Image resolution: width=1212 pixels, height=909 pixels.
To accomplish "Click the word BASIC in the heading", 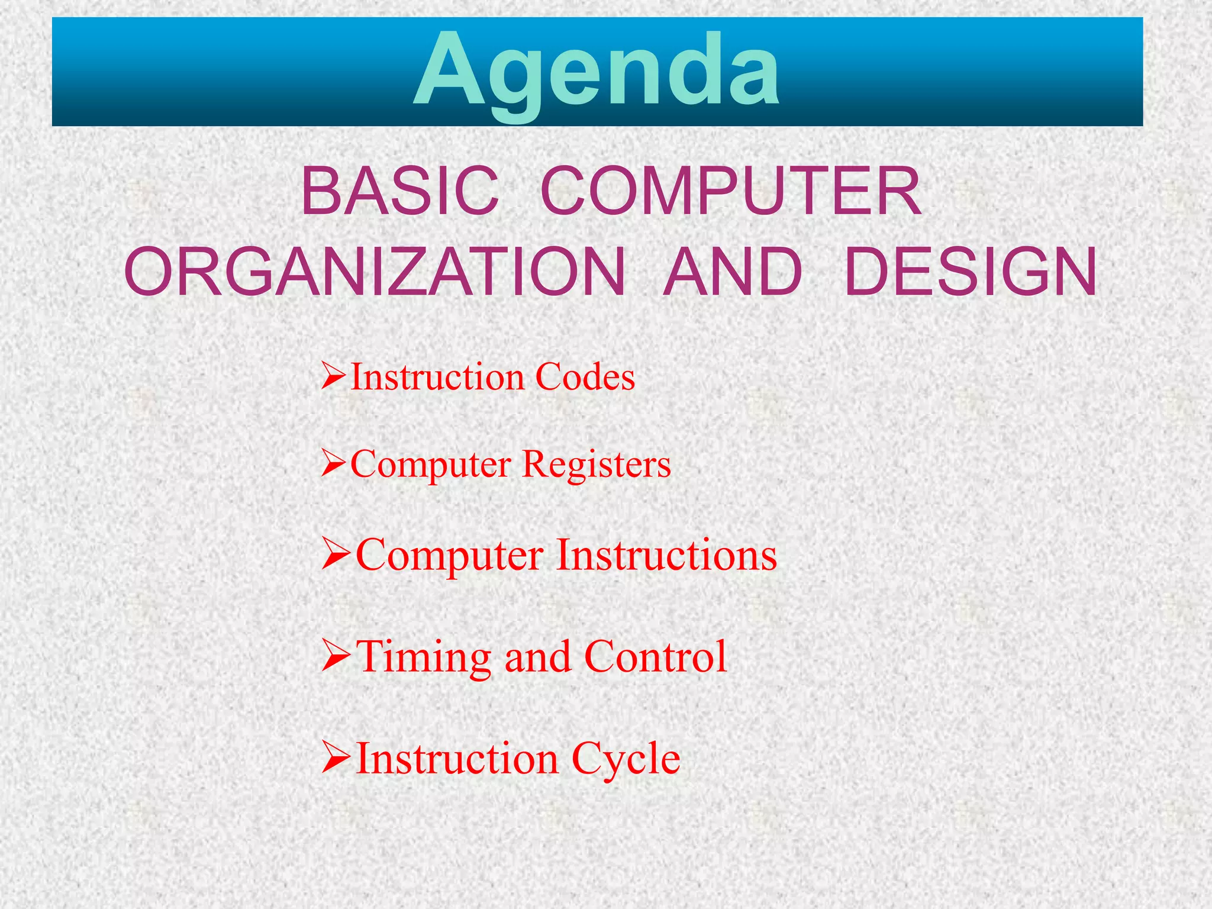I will pyautogui.click(x=400, y=192).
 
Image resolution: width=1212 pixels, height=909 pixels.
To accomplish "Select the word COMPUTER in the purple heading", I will pyautogui.click(x=731, y=192).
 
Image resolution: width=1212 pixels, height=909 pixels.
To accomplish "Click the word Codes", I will pyautogui.click(x=585, y=377).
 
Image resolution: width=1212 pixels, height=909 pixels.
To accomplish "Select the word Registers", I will pyautogui.click(x=597, y=465).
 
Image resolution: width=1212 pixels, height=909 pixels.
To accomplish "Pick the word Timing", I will pyautogui.click(x=424, y=657).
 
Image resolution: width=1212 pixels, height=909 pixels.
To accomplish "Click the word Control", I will pyautogui.click(x=655, y=657).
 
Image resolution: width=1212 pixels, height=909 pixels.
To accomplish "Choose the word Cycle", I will pyautogui.click(x=626, y=759).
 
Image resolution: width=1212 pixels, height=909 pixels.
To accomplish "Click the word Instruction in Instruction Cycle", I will pyautogui.click(x=457, y=759).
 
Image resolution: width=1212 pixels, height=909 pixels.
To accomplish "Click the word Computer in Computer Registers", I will pyautogui.click(x=431, y=465).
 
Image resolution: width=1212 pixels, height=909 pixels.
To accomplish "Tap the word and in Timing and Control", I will pyautogui.click(x=537, y=657).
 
